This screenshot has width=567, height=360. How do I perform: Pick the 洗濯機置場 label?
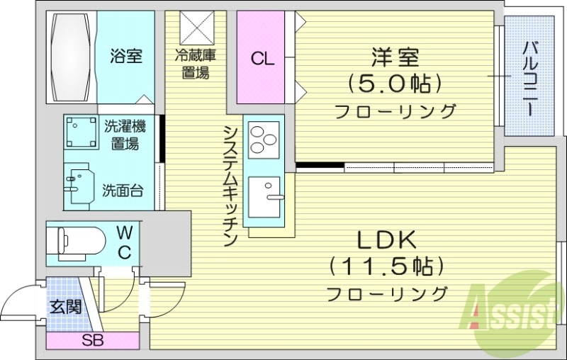(x=125, y=135)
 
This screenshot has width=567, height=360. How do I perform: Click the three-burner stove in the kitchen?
(x=264, y=137)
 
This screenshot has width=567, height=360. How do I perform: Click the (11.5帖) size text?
(x=386, y=266)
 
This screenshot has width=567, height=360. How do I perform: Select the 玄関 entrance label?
(x=64, y=306)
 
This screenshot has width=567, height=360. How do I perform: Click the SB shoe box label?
(x=92, y=339)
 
